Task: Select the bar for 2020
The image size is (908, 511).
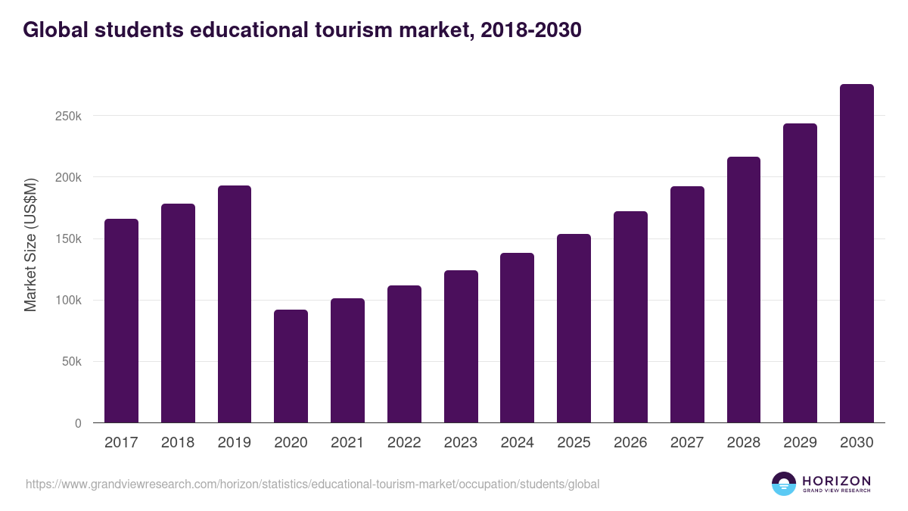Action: point(291,366)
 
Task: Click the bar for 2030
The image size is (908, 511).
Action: point(857,254)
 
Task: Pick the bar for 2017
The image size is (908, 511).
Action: point(121,321)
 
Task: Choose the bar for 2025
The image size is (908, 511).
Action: point(574,329)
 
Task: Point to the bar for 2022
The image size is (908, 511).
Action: point(404,354)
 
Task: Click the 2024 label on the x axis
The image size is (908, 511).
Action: point(517,443)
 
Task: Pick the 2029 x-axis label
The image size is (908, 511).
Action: point(800,443)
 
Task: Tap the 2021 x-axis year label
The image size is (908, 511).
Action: point(347,443)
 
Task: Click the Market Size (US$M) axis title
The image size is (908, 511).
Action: point(30,244)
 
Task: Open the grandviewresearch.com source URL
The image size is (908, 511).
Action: point(313,484)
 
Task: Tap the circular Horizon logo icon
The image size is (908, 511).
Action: point(784,484)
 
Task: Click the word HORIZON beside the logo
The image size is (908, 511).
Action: point(836,480)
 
